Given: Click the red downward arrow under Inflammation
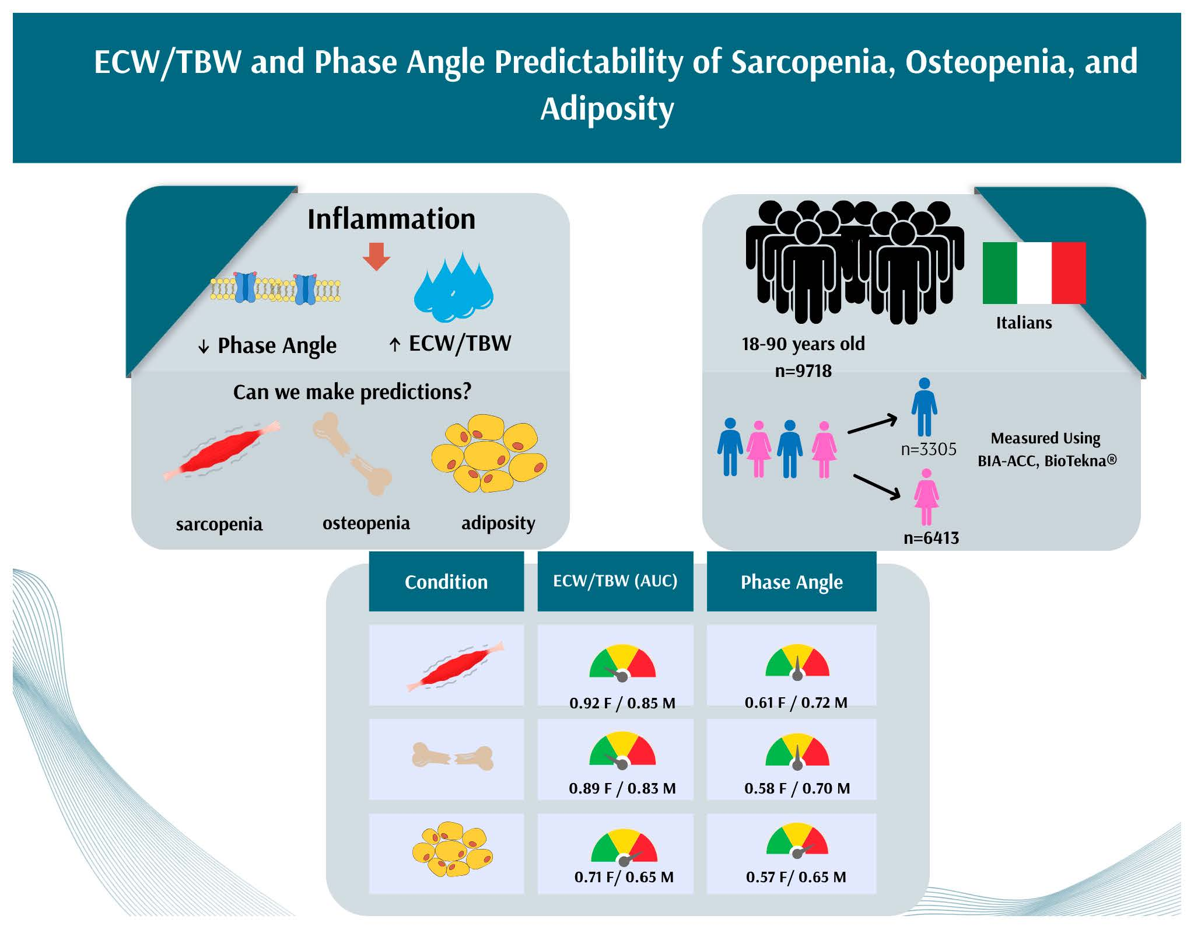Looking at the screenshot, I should [376, 256].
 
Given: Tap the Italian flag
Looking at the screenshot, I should [1034, 272].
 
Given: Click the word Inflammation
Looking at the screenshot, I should [391, 219].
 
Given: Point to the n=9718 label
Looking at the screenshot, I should [803, 371].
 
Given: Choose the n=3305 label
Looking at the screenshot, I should [929, 449].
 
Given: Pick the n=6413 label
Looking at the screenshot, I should [931, 537].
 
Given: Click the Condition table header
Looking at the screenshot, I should [446, 582].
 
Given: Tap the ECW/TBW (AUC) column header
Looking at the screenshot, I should [615, 581].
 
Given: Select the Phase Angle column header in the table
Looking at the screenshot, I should [792, 582].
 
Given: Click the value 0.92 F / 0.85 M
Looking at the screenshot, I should [622, 703].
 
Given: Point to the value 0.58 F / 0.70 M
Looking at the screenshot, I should [797, 788].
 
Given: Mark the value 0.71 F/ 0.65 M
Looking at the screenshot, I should [624, 877].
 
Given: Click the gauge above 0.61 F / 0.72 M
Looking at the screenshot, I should [797, 662].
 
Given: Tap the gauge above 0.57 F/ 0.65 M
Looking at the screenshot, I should [797, 840].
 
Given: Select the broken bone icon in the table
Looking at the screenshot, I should [453, 757].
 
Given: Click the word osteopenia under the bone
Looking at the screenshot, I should [366, 523].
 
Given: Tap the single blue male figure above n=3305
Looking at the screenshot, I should [924, 407].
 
